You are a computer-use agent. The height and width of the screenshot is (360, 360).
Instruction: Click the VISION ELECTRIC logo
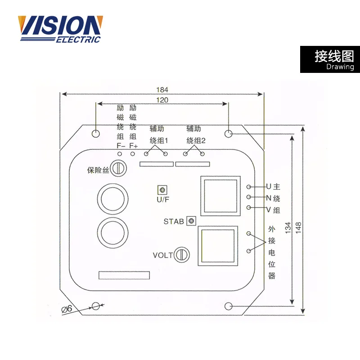point(60,29)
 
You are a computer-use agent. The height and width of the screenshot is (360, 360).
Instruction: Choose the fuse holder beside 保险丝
point(119,168)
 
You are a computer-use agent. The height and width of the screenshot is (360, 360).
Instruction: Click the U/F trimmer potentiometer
point(160,189)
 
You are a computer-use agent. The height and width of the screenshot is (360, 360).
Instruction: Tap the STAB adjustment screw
point(191,221)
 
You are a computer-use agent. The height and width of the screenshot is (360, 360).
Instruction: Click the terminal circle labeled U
point(249,186)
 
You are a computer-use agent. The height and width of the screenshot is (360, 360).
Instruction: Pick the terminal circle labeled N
point(249,197)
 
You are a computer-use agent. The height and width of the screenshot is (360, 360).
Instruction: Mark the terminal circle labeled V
point(249,207)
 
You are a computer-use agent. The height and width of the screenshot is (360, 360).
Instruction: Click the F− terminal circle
point(120,154)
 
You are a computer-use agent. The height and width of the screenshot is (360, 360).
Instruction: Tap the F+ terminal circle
point(133,154)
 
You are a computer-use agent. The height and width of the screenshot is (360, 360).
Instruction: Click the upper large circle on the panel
point(112,198)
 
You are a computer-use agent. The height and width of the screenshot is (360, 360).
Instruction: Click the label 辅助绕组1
point(158,135)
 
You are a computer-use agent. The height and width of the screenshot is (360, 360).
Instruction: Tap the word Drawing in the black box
point(340,67)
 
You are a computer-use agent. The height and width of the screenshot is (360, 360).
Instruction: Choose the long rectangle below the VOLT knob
point(124,275)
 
